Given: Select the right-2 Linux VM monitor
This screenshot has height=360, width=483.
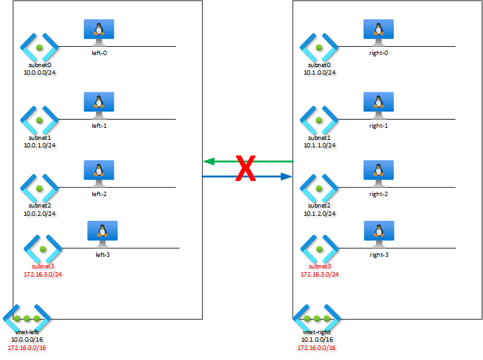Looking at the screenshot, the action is point(379,173).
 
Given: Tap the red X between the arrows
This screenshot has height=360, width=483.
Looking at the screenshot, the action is point(246,168).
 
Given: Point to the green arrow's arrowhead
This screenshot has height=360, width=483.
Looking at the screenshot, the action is point(209,161).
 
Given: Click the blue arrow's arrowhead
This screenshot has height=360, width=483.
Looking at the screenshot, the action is point(286,177).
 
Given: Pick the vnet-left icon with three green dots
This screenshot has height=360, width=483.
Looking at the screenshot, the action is point(27,318).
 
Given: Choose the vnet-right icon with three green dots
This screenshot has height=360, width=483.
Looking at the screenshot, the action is point(317,318).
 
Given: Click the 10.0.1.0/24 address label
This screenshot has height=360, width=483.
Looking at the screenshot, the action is point(40,145).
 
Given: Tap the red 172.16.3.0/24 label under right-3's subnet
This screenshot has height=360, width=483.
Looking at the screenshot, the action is point(319,274).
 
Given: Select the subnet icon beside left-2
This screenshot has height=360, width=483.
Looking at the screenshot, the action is point(39,188).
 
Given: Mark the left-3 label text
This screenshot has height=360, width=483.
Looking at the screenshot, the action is point(102,254).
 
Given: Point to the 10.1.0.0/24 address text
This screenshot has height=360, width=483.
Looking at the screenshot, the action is point(319,72).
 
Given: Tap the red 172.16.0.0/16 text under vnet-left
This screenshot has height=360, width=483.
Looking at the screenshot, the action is point(27,348).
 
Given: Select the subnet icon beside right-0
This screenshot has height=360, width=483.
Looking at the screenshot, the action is point(319,47).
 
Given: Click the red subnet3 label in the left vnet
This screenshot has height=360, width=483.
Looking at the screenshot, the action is point(43,266).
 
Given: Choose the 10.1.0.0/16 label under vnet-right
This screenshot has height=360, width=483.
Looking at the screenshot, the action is point(317,339).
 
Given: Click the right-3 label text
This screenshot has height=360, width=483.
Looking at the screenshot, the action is point(379,254).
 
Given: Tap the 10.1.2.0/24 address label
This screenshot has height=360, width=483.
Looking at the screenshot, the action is point(319,213).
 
